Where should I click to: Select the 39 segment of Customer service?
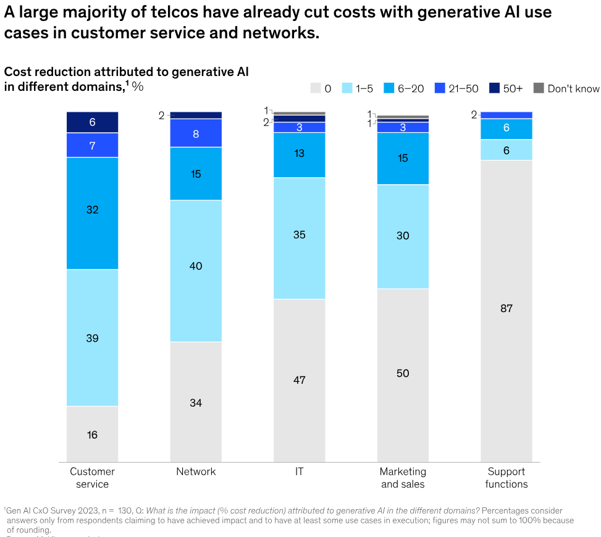92,337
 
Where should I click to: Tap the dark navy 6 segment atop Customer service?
92,122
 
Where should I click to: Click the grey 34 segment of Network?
196,402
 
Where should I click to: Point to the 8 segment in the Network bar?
196,133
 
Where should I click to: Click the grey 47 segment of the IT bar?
300,379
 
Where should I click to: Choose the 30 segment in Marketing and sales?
403,236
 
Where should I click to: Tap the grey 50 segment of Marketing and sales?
403,374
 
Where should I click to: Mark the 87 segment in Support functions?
506,309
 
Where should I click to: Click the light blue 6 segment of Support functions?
506,150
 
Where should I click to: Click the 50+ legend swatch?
494,88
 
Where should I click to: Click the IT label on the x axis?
300,471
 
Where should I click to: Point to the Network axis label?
196,471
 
